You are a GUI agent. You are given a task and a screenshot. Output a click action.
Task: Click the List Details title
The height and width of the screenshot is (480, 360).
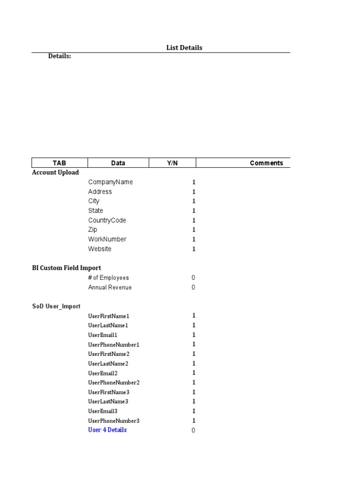pos(184,48)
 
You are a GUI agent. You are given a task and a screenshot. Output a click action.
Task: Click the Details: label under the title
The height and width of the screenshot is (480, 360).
pos(60,56)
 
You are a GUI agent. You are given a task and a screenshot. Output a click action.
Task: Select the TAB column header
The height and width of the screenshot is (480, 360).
pos(60,163)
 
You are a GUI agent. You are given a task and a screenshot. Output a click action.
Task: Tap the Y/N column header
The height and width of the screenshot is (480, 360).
pos(172,163)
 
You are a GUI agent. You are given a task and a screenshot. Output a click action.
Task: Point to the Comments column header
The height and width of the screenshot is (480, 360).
pos(266,163)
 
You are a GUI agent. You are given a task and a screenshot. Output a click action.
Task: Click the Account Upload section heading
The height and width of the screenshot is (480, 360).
pos(55,172)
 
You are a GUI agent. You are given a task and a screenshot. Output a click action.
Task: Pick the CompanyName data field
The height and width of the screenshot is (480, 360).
pos(110,182)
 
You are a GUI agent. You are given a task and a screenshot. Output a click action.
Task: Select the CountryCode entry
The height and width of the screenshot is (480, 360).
pos(107,220)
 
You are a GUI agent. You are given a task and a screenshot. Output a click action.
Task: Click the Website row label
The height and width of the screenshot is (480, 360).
pos(100,249)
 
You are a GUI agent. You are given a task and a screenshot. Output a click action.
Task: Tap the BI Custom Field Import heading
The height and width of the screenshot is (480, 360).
pos(67,268)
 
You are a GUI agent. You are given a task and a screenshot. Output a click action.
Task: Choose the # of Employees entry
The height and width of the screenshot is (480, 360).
pos(108,278)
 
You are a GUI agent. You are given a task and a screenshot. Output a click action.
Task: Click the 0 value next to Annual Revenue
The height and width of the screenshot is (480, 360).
pos(193,287)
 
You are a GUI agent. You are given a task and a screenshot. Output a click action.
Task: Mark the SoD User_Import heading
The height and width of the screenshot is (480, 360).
pos(56,306)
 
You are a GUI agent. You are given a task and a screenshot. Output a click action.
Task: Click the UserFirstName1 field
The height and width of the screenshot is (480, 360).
pos(108,316)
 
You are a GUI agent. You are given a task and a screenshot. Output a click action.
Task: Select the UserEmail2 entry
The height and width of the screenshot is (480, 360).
pos(103,373)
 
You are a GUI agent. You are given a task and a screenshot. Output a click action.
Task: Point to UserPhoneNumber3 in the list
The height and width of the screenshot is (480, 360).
pos(114,421)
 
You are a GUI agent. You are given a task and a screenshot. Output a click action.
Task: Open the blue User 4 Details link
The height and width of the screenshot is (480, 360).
pos(107,430)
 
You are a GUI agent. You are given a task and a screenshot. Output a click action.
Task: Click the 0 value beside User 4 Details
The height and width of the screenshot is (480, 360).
pos(193,430)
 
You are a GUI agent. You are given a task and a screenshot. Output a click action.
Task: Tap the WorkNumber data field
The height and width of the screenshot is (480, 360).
pos(107,239)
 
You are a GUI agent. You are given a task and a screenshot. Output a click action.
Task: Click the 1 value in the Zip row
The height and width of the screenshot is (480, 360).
pos(194,230)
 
